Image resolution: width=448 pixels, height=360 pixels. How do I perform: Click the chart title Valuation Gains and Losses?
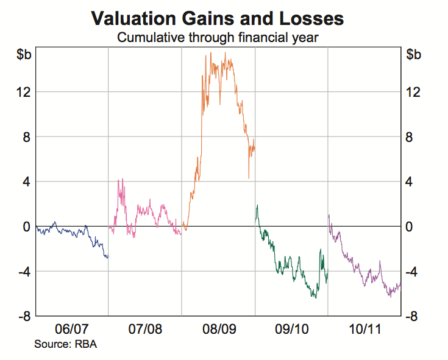point(218,18)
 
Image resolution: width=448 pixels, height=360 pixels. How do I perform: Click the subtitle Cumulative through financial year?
point(218,38)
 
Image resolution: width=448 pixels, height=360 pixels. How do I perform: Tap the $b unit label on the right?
point(413,54)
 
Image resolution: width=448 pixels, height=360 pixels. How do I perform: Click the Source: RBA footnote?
point(65,345)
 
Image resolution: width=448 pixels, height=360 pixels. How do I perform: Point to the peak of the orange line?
point(226,52)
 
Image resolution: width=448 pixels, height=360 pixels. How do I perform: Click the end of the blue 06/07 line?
point(107,256)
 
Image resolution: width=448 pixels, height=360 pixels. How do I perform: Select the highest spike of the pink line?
point(123,179)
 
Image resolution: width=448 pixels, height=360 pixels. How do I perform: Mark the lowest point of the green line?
point(315,298)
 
